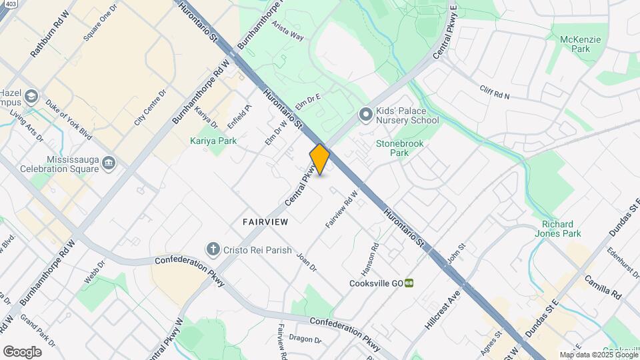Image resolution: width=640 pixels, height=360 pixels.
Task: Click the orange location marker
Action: pos(320,159)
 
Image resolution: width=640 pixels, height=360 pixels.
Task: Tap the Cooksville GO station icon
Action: pos(409,283)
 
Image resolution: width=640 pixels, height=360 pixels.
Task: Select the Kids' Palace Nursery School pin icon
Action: pos(365,115)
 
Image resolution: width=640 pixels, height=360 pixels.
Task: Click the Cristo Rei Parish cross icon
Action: pos(213,249)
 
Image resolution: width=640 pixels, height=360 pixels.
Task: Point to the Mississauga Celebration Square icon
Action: pos(110,163)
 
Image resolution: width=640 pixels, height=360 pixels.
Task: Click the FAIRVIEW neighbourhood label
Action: pos(265,221)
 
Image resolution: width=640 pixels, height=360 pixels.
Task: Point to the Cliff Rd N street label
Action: pos(494,92)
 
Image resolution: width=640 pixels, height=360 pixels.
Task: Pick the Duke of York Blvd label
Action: pos(69,117)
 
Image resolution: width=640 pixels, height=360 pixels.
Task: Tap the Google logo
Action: pos(21,351)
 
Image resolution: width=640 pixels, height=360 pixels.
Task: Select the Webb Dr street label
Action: pos(93,271)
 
